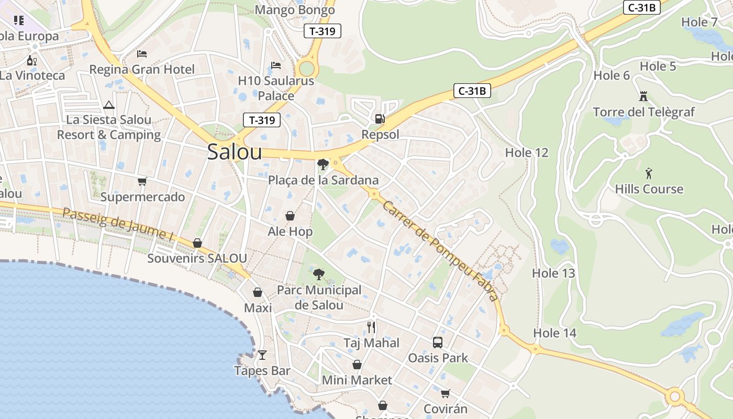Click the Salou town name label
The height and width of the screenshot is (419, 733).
pyautogui.click(x=234, y=152)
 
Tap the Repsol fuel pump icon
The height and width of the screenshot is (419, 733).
pyautogui.click(x=380, y=119)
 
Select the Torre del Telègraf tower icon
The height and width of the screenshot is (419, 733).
pyautogui.click(x=643, y=96)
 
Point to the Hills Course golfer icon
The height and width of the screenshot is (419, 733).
pyautogui.click(x=649, y=173)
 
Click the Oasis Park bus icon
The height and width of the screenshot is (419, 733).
pyautogui.click(x=438, y=343)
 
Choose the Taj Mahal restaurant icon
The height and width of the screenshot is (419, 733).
pyautogui.click(x=371, y=327)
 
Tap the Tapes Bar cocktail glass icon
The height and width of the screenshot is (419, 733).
pyautogui.click(x=262, y=355)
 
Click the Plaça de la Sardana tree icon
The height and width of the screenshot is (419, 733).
pyautogui.click(x=323, y=164)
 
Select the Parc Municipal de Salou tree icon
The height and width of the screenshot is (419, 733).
pyautogui.click(x=318, y=274)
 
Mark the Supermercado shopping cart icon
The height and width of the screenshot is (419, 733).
pyautogui.click(x=142, y=181)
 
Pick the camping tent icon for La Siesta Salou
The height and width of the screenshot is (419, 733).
pyautogui.click(x=109, y=105)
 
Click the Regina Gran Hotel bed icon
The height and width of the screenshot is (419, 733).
pyautogui.click(x=142, y=53)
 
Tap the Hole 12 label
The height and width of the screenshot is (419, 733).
pyautogui.click(x=527, y=152)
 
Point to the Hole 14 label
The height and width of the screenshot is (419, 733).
pyautogui.click(x=554, y=333)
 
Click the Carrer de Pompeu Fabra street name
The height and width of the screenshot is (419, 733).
pyautogui.click(x=440, y=250)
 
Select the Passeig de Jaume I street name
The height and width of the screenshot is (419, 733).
pyautogui.click(x=117, y=224)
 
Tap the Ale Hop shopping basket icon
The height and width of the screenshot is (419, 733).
pyautogui.click(x=290, y=216)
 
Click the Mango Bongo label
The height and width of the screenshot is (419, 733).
pyautogui.click(x=295, y=9)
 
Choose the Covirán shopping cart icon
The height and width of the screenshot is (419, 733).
pyautogui.click(x=445, y=393)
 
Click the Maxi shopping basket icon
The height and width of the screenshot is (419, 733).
pyautogui.click(x=258, y=292)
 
